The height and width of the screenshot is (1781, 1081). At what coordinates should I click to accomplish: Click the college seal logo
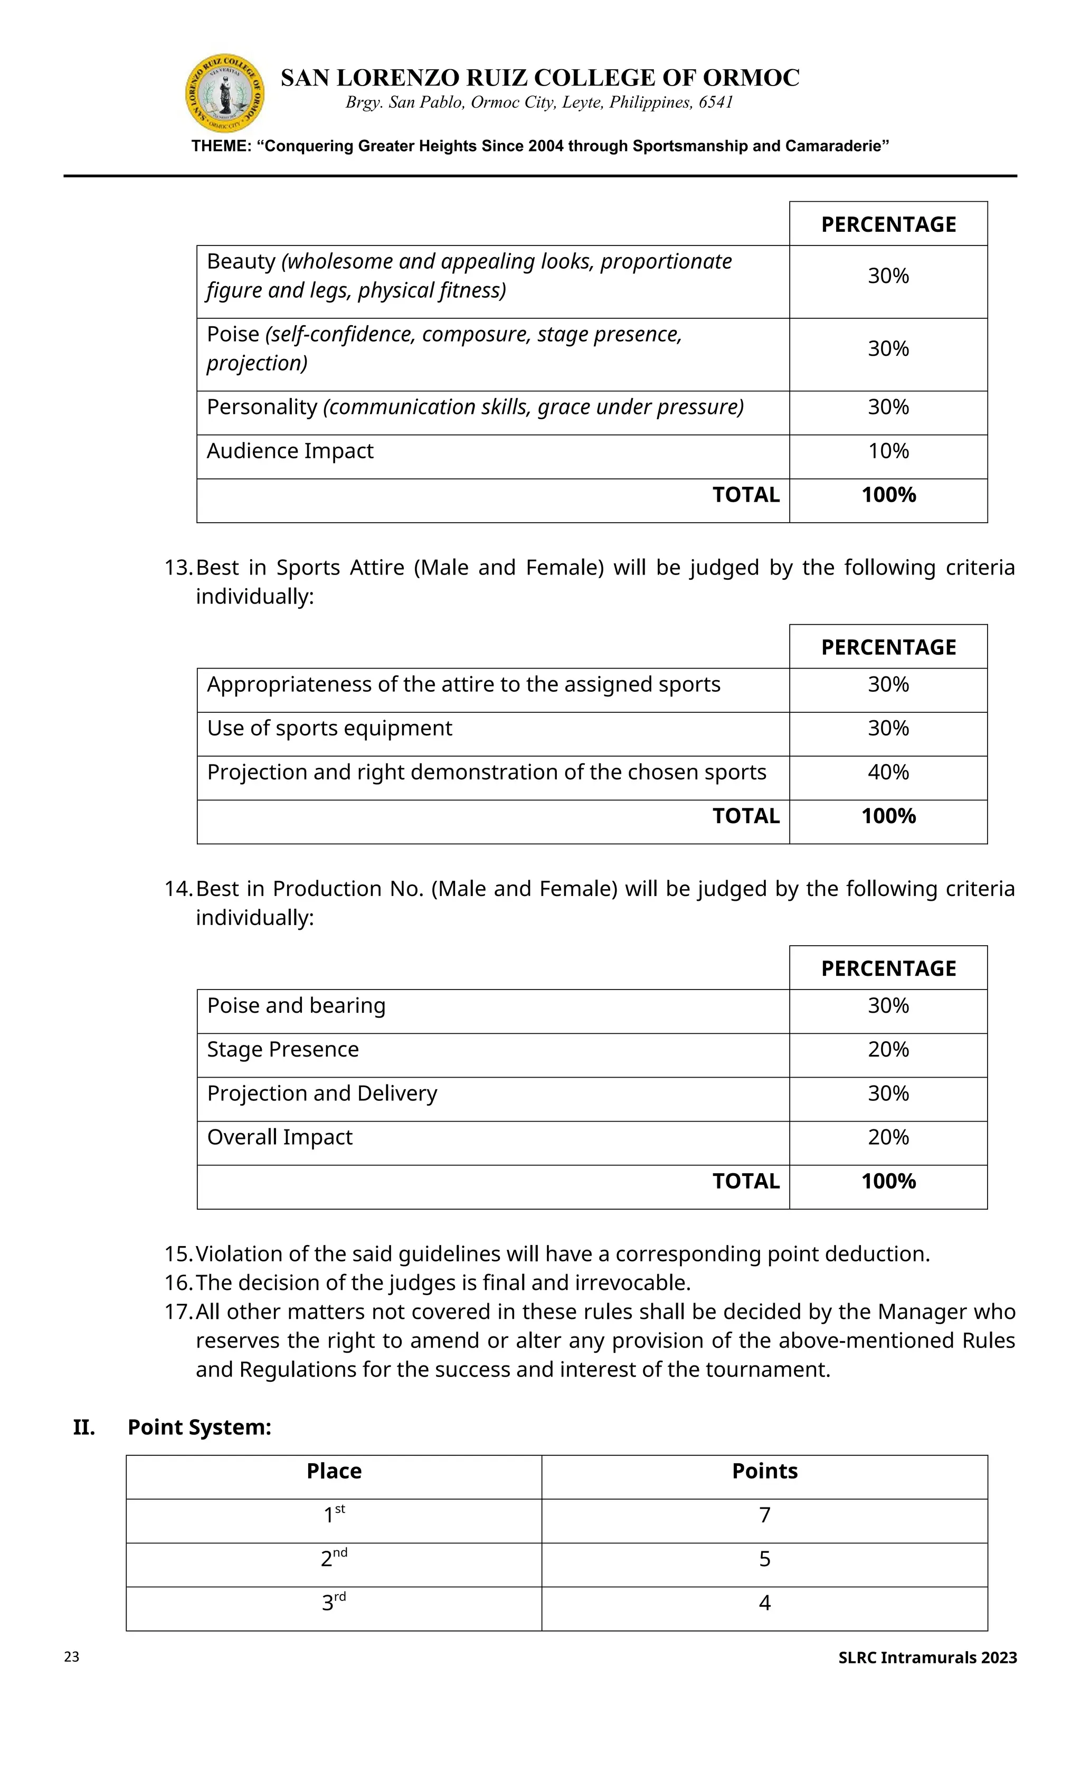[x=225, y=93]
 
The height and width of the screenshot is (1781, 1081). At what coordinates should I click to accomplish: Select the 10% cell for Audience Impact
[x=888, y=451]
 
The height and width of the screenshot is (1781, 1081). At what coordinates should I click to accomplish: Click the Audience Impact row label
[x=290, y=451]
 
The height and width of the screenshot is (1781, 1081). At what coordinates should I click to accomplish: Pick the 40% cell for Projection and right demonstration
[x=888, y=772]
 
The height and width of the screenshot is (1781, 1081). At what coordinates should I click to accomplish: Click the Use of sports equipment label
[x=329, y=728]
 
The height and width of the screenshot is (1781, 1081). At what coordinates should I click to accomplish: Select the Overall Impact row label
[x=280, y=1137]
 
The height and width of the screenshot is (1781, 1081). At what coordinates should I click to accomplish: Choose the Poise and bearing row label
[x=296, y=1005]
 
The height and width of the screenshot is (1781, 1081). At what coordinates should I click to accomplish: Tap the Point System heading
[x=200, y=1427]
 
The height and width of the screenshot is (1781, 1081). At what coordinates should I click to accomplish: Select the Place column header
[x=334, y=1471]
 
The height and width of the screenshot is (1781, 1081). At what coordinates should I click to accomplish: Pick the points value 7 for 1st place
[x=764, y=1515]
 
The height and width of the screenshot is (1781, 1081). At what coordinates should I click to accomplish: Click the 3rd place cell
[x=334, y=1603]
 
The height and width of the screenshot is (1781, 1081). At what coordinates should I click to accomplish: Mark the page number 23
[x=72, y=1657]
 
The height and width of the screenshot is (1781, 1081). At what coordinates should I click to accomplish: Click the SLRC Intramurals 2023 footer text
[x=927, y=1657]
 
